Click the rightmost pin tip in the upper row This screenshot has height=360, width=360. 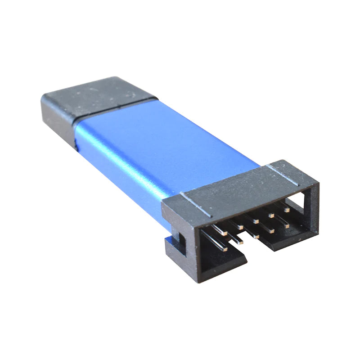pos(287,209)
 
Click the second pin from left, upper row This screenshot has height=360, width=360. pos(240,227)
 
